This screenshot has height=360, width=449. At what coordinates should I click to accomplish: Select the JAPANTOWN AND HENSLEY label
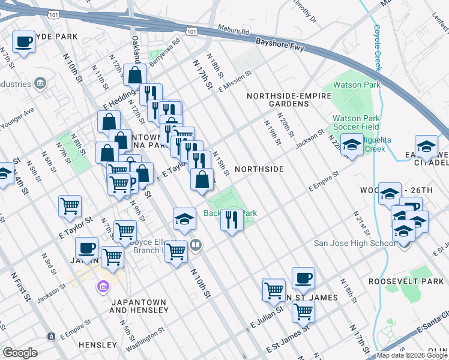point(139,306)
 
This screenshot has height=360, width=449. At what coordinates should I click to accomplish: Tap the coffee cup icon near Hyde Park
point(23,42)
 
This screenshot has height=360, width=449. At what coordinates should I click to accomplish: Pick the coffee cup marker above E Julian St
point(303,278)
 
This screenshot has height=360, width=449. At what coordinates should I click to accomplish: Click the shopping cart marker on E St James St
point(304,311)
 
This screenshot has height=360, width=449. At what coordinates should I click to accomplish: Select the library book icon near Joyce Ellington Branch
point(195,244)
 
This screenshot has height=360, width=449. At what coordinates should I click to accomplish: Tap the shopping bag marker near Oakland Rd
point(135,76)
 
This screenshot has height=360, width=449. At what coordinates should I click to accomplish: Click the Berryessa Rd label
point(164,52)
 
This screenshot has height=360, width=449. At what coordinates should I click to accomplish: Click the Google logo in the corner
point(20,352)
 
